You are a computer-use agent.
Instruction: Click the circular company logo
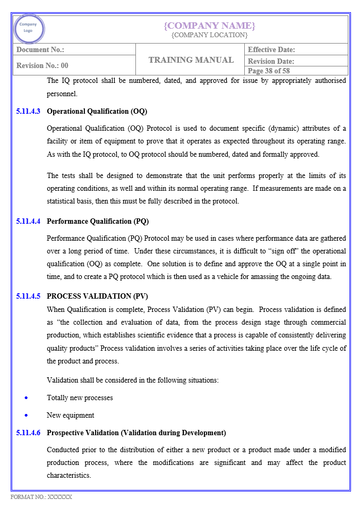coord(29,28)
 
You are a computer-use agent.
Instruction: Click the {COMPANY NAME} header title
coord(209,26)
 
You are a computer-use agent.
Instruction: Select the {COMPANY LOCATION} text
coord(209,35)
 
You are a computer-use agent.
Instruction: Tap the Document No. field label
coord(40,49)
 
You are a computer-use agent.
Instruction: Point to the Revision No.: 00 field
coord(42,65)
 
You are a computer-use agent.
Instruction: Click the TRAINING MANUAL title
coord(191,60)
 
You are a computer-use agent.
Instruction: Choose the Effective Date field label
coord(271,49)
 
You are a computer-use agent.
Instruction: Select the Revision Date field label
coord(271,61)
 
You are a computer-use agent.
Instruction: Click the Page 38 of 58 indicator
coord(269,71)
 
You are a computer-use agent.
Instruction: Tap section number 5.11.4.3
coord(28,112)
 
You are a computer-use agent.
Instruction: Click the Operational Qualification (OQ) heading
coord(97,112)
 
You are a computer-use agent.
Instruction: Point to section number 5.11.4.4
coord(28,221)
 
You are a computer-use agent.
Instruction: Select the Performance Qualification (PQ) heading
coord(98,221)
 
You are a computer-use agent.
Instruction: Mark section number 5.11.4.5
coord(28,296)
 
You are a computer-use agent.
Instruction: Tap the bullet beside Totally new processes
coord(26,397)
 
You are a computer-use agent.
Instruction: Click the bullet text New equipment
coord(70,415)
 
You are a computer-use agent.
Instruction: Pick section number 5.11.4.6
coord(28,433)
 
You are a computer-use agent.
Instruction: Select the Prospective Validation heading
coord(136,433)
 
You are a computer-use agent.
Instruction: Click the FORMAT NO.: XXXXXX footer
coord(41,497)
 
